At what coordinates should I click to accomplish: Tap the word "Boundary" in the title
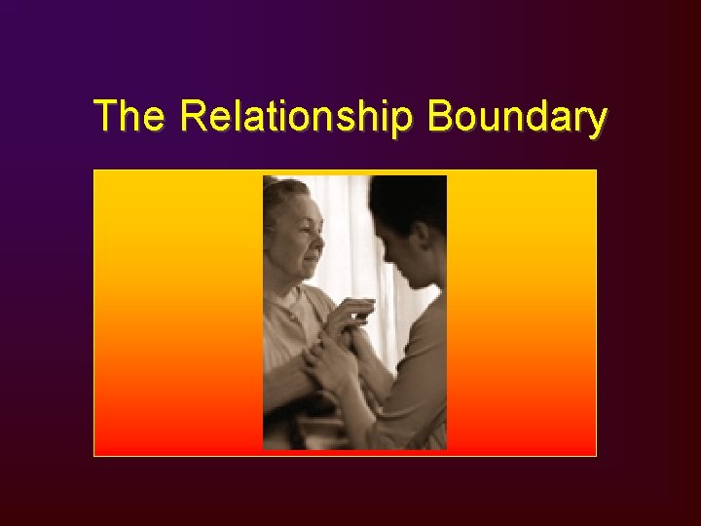coord(517,118)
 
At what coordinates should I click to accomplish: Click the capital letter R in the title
coord(192,117)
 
